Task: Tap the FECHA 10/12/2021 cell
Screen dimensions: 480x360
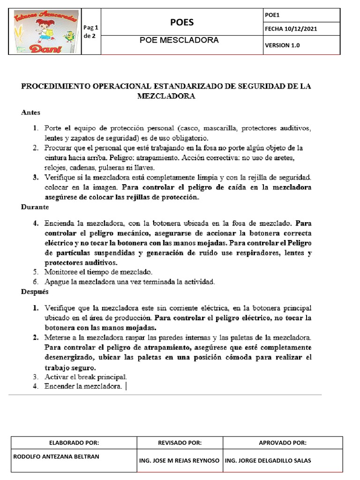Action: point(291,29)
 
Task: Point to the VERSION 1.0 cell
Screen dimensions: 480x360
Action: point(282,45)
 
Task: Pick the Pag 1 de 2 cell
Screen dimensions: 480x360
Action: point(90,31)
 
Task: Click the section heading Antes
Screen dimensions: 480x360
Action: point(31,112)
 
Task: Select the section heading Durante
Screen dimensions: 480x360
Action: point(34,206)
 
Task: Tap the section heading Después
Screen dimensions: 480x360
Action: point(35,292)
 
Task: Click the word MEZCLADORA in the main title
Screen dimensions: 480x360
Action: point(166,97)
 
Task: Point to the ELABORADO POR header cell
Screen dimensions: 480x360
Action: point(74,442)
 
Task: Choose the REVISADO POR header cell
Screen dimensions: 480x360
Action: point(180,442)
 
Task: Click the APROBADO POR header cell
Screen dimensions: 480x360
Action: point(283,442)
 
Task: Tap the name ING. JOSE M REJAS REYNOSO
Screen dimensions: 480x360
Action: point(180,460)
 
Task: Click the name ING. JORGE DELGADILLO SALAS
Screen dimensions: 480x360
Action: point(268,460)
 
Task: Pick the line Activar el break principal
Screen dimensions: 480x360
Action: point(85,377)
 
